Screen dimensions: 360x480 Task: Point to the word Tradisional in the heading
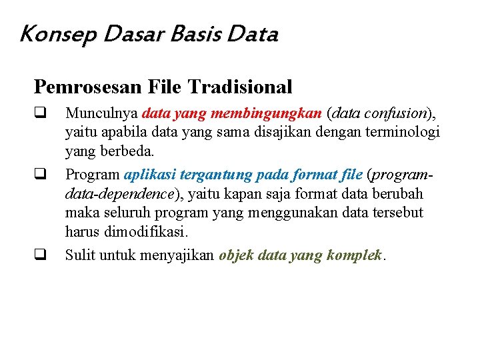240,87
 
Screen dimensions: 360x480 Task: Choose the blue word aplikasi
146,175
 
